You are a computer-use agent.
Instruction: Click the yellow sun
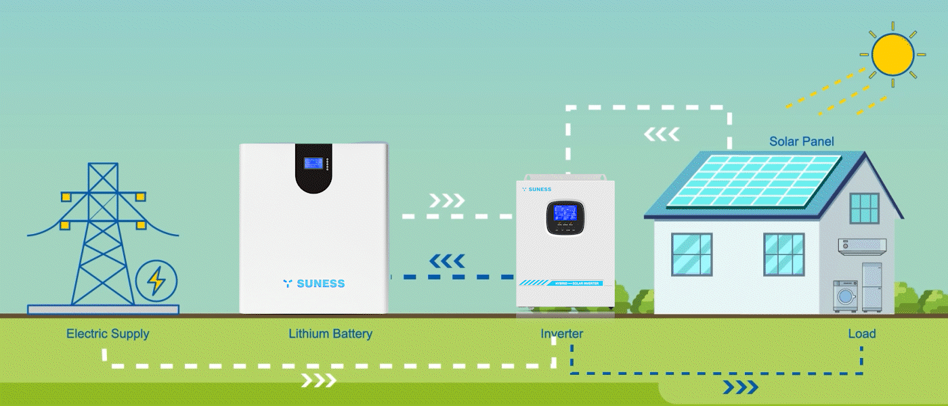pyautogui.click(x=892, y=54)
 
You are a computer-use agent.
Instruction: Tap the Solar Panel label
pyautogui.click(x=801, y=141)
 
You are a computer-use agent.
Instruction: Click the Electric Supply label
pyautogui.click(x=108, y=334)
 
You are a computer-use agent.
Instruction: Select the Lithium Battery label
pyautogui.click(x=330, y=334)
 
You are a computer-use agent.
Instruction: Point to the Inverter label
pyautogui.click(x=561, y=334)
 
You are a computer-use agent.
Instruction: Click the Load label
pyautogui.click(x=861, y=334)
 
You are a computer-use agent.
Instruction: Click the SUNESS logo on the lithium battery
pyautogui.click(x=314, y=284)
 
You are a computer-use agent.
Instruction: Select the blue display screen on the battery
pyautogui.click(x=313, y=163)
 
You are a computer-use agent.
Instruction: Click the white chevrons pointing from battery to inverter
pyautogui.click(x=448, y=200)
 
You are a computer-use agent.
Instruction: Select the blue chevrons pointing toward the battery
pyautogui.click(x=448, y=261)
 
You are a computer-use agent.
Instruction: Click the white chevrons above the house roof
pyautogui.click(x=661, y=134)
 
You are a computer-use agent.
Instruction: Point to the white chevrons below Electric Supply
pyautogui.click(x=318, y=380)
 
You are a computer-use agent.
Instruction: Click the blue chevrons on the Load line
pyautogui.click(x=740, y=387)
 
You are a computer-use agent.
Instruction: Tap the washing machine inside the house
pyautogui.click(x=845, y=296)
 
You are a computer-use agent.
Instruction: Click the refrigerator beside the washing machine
pyautogui.click(x=873, y=287)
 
